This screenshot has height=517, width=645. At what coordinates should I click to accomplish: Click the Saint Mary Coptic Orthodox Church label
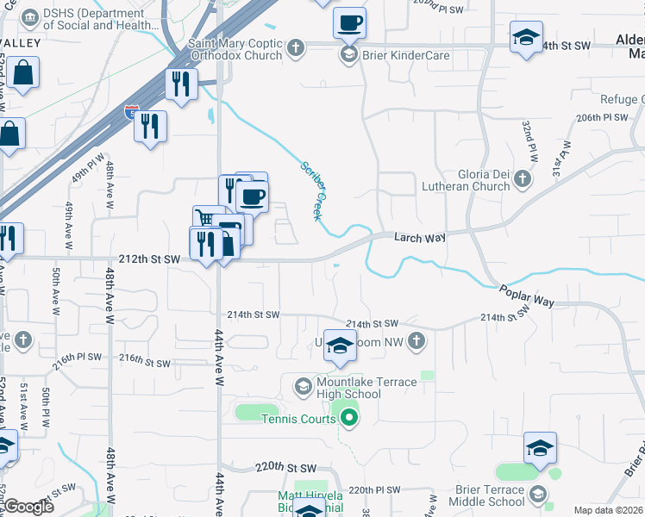pos(235,49)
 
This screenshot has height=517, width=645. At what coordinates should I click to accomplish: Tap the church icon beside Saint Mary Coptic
pos(296,48)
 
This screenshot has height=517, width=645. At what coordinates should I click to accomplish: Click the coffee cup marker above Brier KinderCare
pos(349,22)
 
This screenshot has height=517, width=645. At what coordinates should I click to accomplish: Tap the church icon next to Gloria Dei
pos(521,179)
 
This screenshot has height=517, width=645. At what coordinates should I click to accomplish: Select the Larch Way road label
pos(420,237)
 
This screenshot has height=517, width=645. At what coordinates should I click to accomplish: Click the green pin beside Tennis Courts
pos(348,420)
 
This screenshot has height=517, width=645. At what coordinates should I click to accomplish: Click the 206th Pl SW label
pos(599,117)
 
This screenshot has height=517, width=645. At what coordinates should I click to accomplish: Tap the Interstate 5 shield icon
pos(130,112)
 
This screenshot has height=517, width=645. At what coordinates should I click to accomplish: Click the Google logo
pos(28,507)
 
